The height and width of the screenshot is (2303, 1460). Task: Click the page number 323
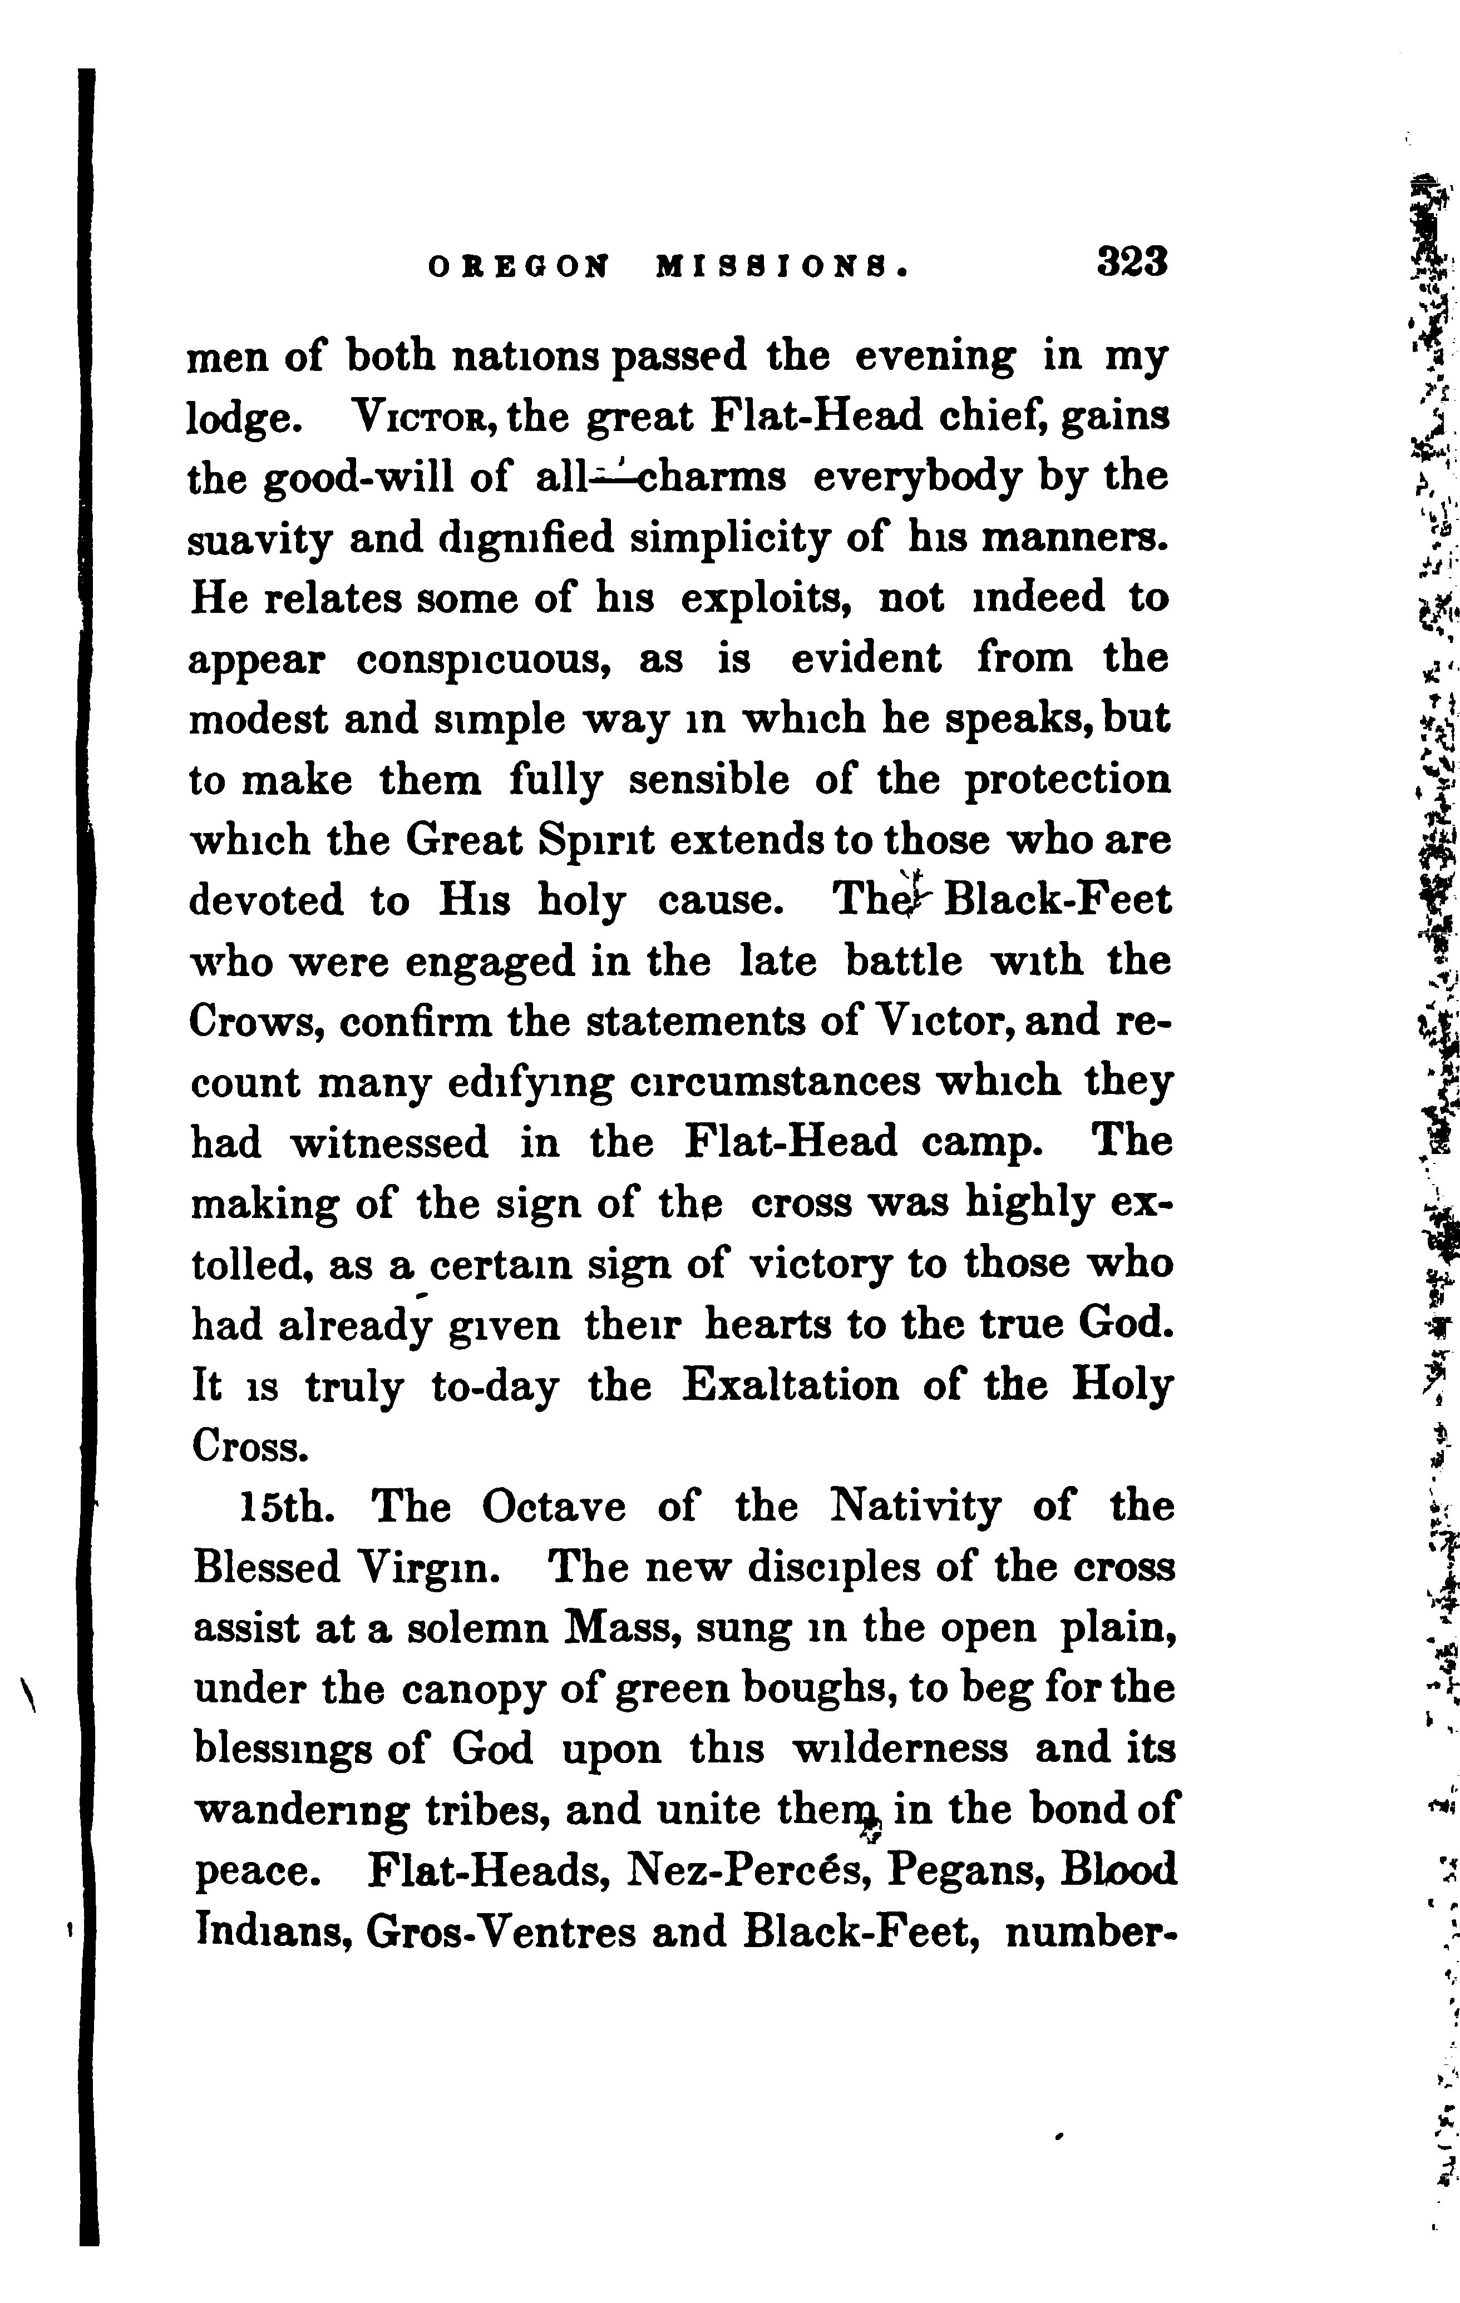click(1133, 262)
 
